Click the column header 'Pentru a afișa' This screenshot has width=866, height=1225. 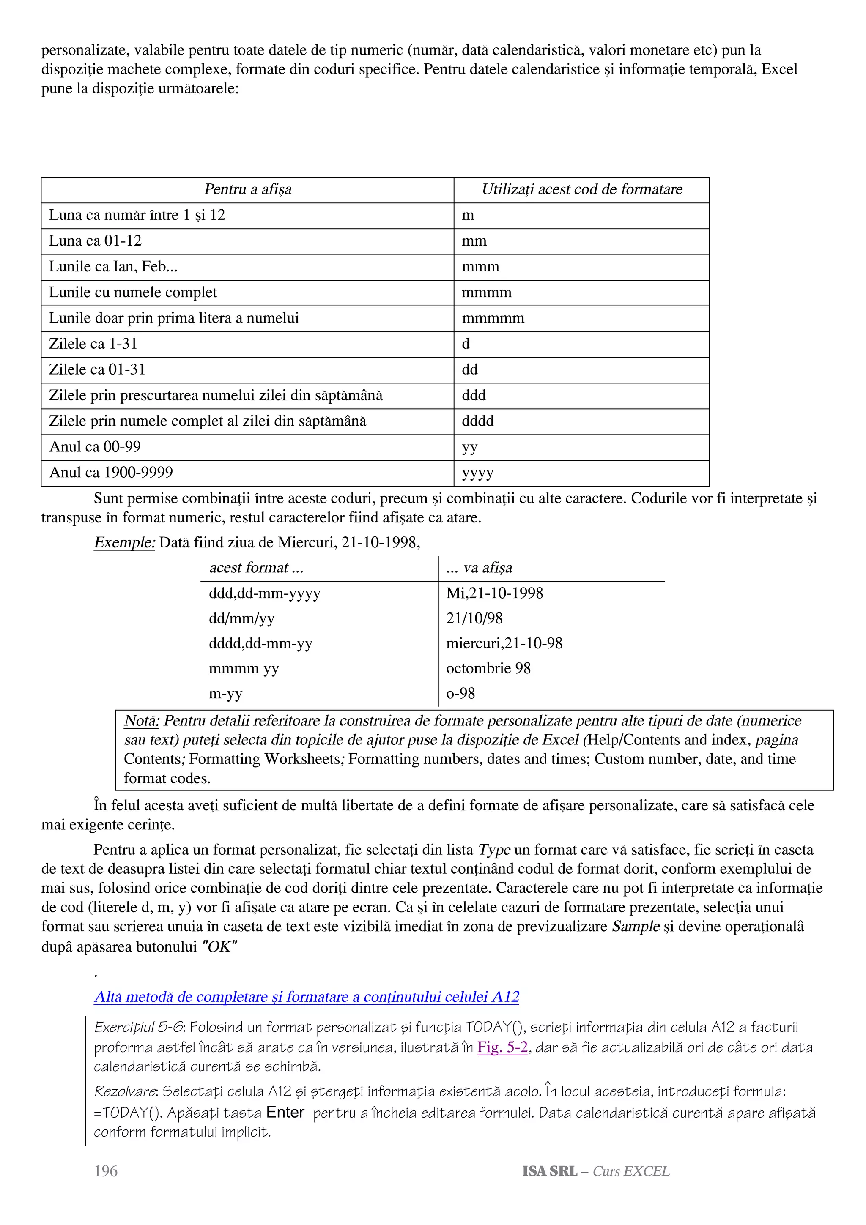(248, 189)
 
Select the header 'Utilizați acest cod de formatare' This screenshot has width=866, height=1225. (581, 189)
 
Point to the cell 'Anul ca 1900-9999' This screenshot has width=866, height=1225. (111, 472)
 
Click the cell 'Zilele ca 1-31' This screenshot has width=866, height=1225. (93, 344)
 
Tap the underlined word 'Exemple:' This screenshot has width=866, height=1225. (124, 543)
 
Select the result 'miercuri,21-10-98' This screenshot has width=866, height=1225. (504, 643)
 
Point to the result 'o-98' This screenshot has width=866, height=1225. (460, 694)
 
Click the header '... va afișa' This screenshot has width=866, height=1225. (479, 568)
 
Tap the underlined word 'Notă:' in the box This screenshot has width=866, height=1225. (141, 721)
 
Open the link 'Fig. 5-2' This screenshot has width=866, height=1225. (502, 1047)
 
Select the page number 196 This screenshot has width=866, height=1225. (106, 1171)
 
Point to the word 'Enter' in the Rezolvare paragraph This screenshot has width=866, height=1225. (285, 1113)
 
